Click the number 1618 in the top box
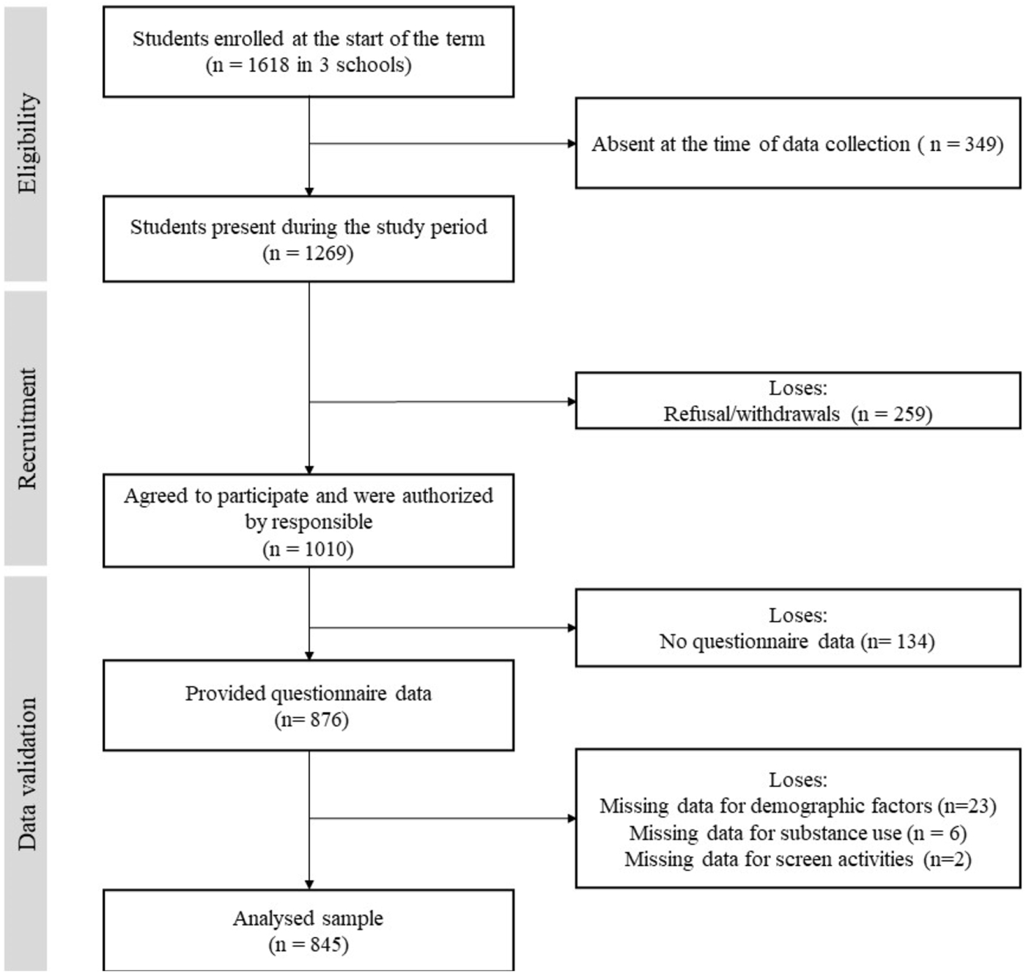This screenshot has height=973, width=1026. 268,65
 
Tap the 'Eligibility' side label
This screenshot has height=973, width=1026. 27,144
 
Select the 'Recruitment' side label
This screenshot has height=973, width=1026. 27,429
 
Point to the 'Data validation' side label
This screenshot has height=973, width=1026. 27,774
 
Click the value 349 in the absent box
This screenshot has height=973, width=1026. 981,144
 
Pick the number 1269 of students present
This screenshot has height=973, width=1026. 325,253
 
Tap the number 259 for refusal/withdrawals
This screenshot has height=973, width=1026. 909,414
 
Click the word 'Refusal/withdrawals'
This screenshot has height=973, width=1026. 751,414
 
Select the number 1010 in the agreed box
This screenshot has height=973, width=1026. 325,549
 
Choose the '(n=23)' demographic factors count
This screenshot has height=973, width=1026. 967,806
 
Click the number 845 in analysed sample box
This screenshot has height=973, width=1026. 326,944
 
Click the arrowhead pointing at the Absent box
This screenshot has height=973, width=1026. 572,144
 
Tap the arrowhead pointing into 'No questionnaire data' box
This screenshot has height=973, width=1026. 572,628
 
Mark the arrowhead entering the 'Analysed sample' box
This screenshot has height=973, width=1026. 309,885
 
